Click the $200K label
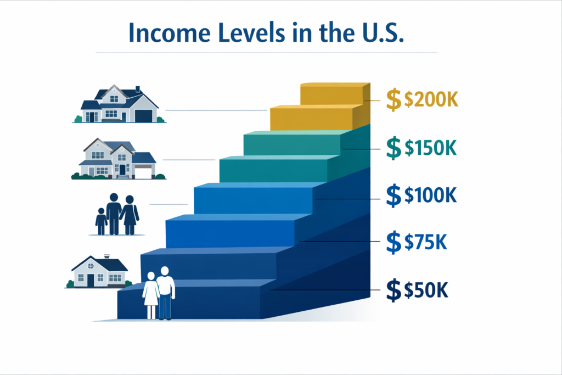coord(431,101)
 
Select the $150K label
coord(431,148)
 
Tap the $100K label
coord(431,195)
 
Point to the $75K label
coord(426,242)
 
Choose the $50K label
coord(426,290)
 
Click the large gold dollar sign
coord(394,101)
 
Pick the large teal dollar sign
coord(394,148)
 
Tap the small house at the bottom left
coord(99,272)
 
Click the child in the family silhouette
coord(101,221)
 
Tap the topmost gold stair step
coord(331,93)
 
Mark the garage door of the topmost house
coord(144,116)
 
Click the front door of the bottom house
coord(91,280)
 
